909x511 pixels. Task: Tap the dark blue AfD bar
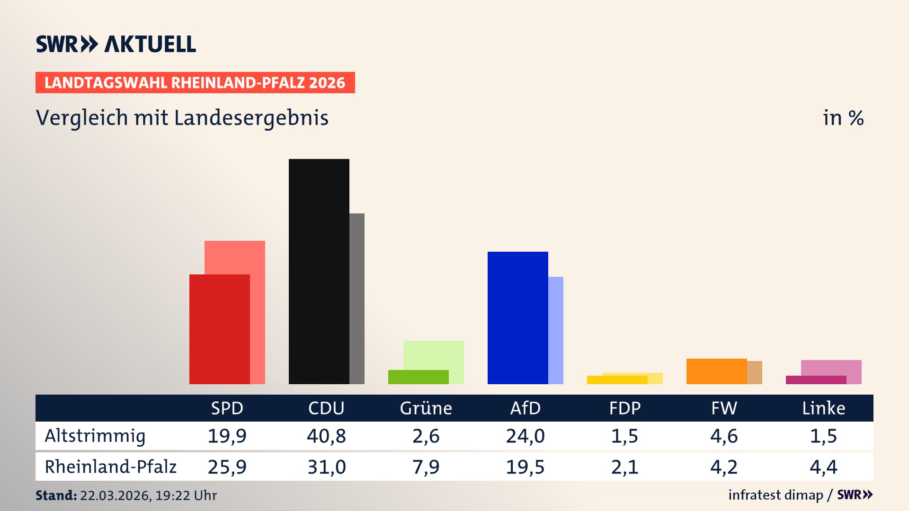click(x=517, y=317)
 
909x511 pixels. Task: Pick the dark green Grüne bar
click(x=418, y=377)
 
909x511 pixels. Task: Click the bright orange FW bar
click(x=716, y=371)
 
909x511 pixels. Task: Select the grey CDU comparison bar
click(x=357, y=298)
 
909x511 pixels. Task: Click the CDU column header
click(x=326, y=408)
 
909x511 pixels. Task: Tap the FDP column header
click(x=624, y=408)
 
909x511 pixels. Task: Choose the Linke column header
click(x=823, y=408)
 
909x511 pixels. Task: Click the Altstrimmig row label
click(x=95, y=436)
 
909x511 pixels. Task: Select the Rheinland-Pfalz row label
click(x=110, y=467)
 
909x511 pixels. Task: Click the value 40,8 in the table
click(x=326, y=436)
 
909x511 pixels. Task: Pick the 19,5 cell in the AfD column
click(x=525, y=467)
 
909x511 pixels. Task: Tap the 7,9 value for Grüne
click(x=426, y=467)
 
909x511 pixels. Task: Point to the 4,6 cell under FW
click(x=724, y=436)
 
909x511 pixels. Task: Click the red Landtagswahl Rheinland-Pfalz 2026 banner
click(x=195, y=83)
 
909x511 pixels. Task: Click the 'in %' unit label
click(x=843, y=118)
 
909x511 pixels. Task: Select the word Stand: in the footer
click(x=56, y=495)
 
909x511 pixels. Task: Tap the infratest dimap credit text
click(x=775, y=495)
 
